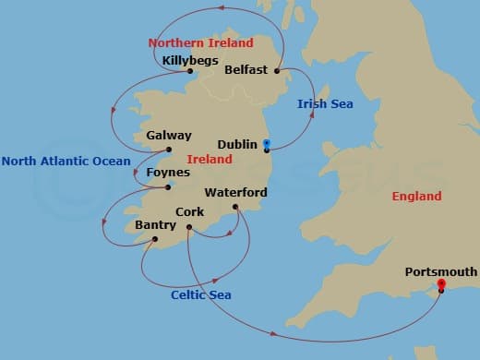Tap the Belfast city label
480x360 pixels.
pyautogui.click(x=245, y=70)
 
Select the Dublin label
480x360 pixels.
pyautogui.click(x=237, y=145)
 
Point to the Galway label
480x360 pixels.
pyautogui.click(x=169, y=136)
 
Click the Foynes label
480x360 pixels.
pyautogui.click(x=168, y=173)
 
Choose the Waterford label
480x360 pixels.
pyautogui.click(x=235, y=193)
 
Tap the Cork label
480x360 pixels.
pyautogui.click(x=189, y=212)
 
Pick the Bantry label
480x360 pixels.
pyautogui.click(x=154, y=224)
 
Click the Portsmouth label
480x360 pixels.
pyautogui.click(x=441, y=271)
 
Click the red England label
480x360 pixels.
pyautogui.click(x=416, y=197)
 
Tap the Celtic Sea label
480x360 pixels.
pyautogui.click(x=201, y=294)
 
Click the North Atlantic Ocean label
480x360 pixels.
pyautogui.click(x=66, y=162)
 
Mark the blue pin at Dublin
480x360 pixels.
pyautogui.click(x=266, y=143)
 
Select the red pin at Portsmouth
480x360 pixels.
pyautogui.click(x=441, y=284)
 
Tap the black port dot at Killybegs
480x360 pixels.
pyautogui.click(x=188, y=71)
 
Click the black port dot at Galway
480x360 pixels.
pyautogui.click(x=168, y=150)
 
